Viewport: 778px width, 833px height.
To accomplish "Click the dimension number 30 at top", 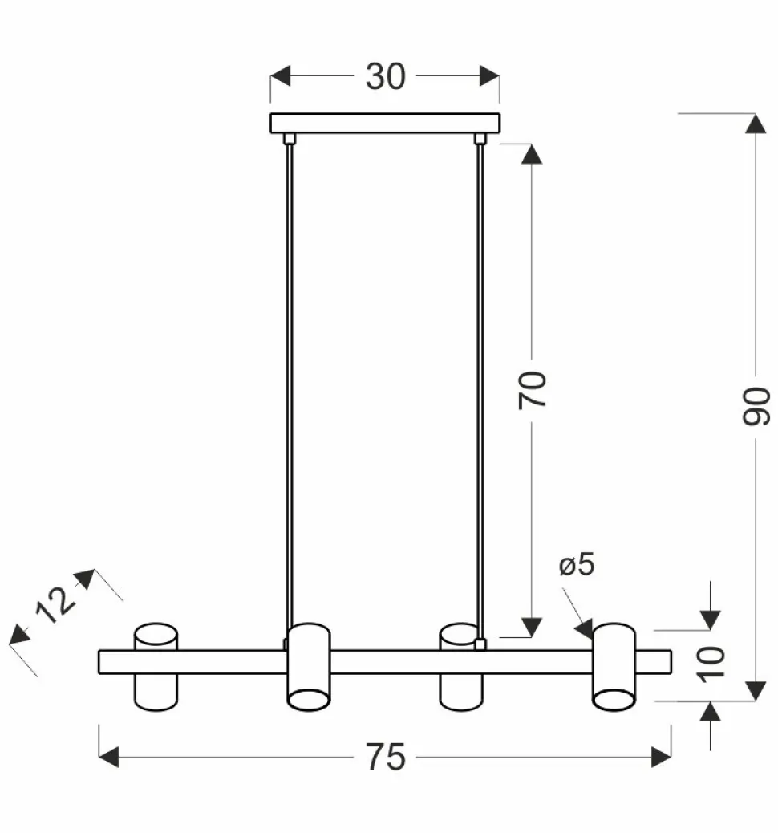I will click(385, 77).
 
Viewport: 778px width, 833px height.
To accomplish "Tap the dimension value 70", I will click(532, 389).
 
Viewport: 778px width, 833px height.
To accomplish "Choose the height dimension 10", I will click(711, 661).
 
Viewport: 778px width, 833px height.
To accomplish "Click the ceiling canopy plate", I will click(385, 123).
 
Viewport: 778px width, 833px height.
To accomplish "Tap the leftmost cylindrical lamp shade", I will click(155, 666).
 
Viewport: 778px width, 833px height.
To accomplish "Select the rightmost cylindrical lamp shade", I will click(614, 666).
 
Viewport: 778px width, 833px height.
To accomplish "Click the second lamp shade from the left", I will click(308, 666).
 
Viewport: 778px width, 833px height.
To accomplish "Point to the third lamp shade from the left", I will click(461, 666).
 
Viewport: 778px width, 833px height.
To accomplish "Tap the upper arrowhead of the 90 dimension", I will click(756, 124).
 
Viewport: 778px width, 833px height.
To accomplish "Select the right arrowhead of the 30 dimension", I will click(489, 77).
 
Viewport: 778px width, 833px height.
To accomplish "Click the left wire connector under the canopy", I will click(290, 139).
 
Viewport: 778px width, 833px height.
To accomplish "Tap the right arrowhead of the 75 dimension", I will click(661, 757).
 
